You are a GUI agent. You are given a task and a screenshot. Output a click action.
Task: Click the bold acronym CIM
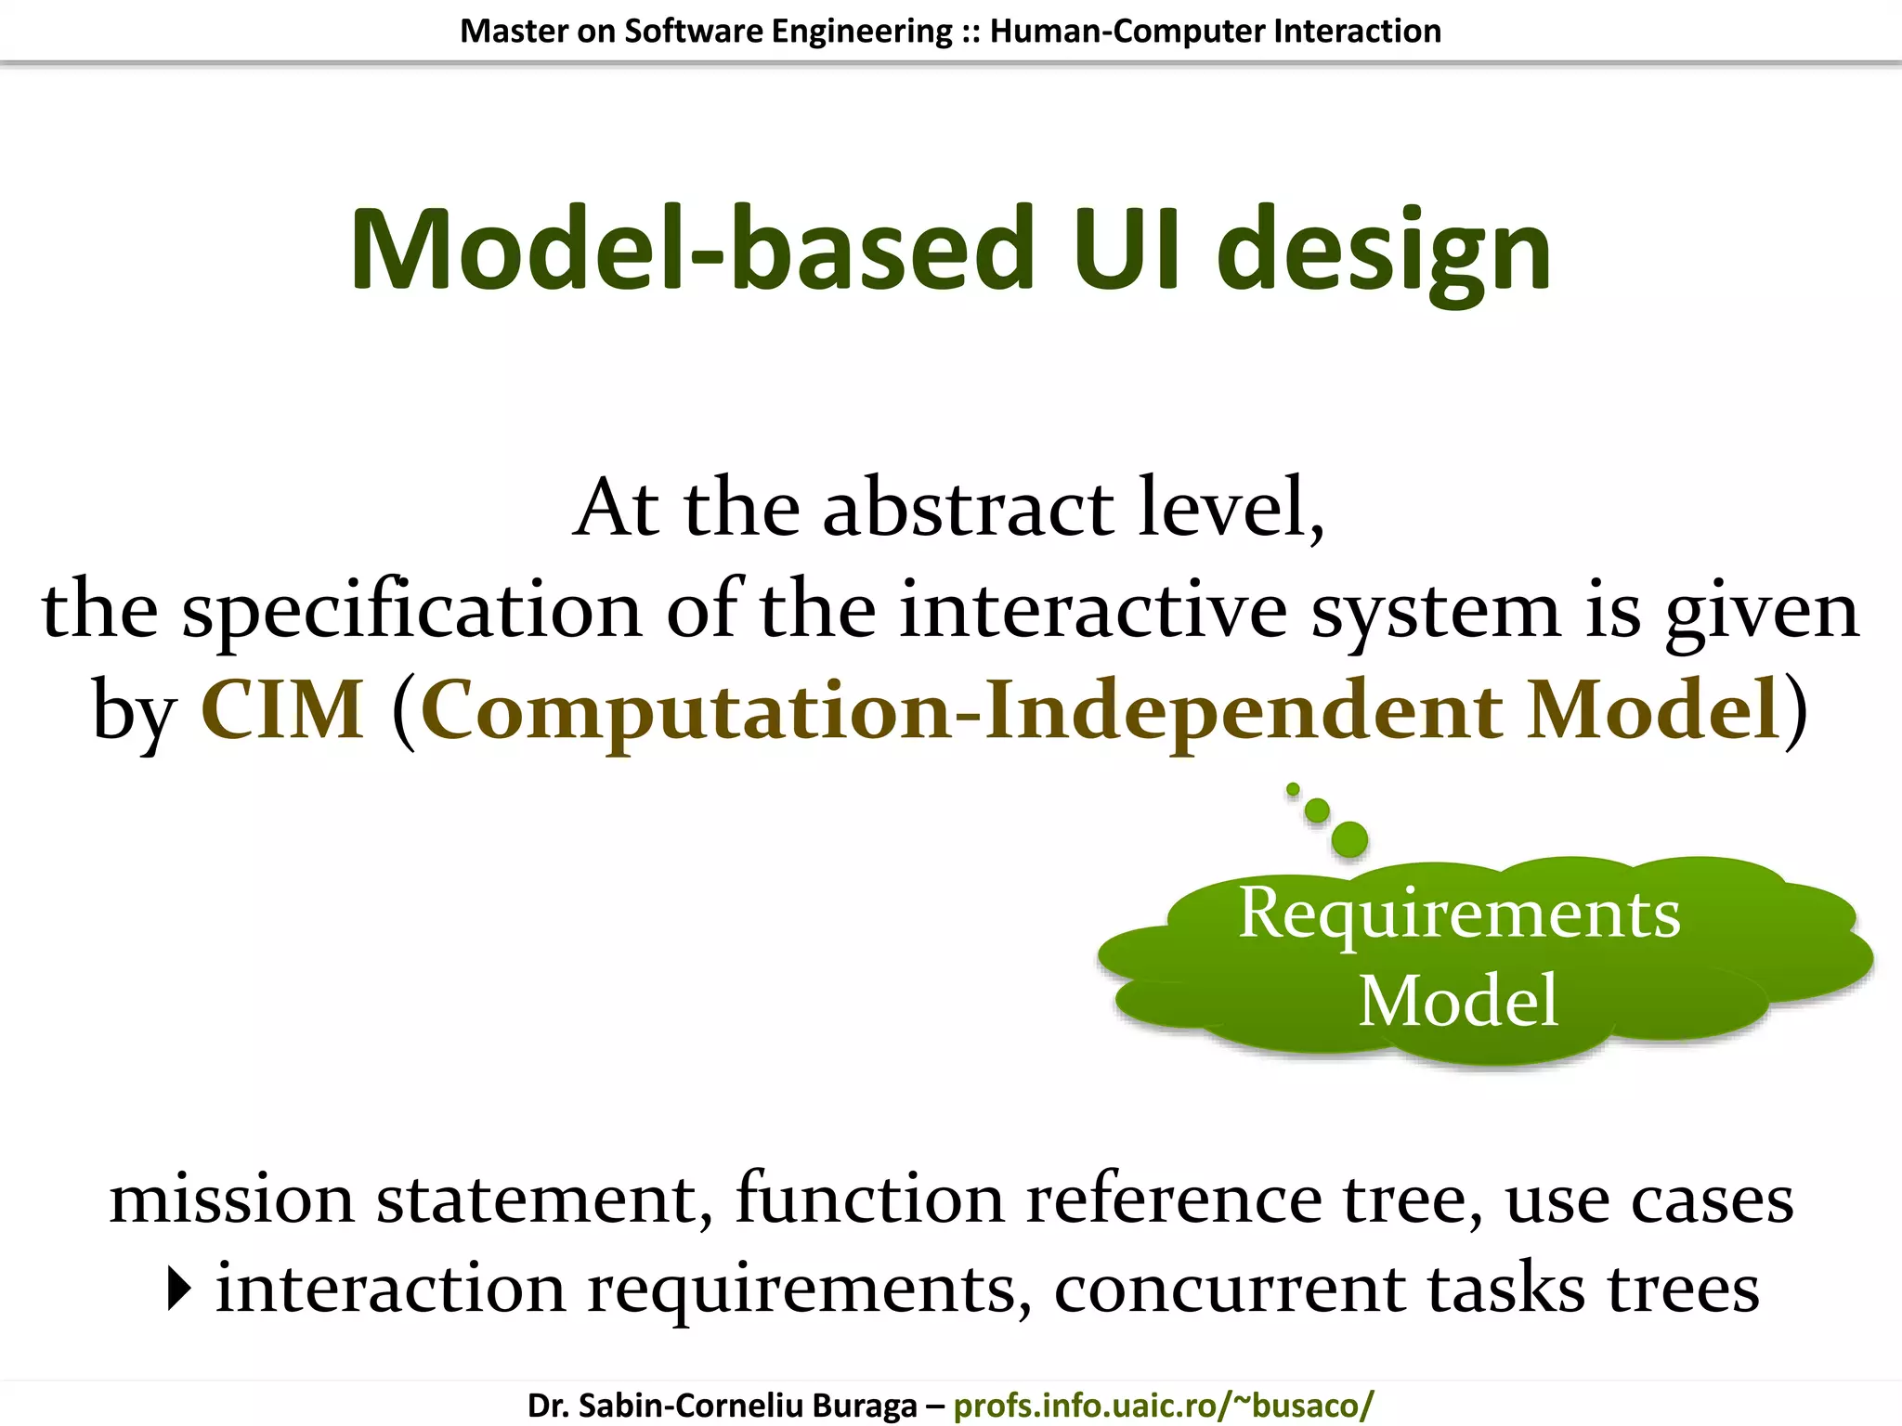pos(282,710)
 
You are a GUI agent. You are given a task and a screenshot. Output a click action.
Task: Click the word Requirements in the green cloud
pos(1458,914)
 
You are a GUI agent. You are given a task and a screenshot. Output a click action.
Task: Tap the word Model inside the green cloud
pos(1458,1001)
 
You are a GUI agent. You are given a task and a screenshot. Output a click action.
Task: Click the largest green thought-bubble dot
pos(1349,839)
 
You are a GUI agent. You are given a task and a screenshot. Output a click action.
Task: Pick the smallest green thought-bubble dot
pos(1293,789)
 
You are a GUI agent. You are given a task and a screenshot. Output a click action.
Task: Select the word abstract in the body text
pos(968,509)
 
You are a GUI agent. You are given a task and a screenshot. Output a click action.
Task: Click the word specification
pos(411,611)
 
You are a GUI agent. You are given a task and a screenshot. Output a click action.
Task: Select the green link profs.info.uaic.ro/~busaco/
pos(1163,1406)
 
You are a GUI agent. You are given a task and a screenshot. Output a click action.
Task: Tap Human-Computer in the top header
pos(1127,31)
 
